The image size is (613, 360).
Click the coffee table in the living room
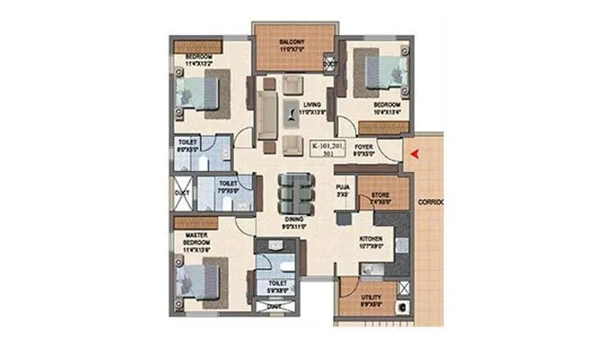(295, 112)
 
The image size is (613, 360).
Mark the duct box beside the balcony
(329, 63)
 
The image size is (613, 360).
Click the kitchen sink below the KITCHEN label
(369, 267)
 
